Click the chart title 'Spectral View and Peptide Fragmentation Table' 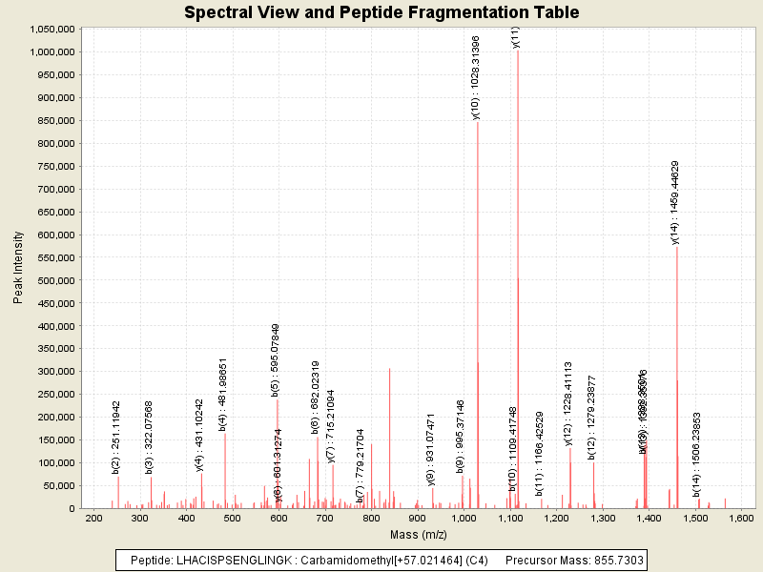click(381, 12)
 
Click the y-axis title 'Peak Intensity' click(18, 272)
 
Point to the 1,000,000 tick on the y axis click(53, 51)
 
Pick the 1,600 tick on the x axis click(742, 518)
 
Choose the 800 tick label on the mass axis click(372, 518)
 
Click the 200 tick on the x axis click(93, 518)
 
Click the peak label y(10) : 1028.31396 click(476, 77)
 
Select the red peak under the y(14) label click(676, 381)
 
